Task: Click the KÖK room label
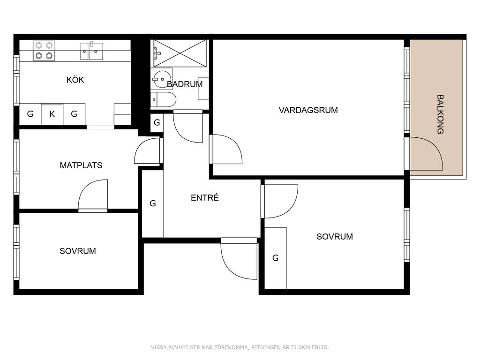click(x=75, y=80)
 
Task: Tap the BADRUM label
click(x=185, y=84)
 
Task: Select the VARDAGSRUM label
click(x=308, y=110)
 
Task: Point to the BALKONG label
click(x=440, y=114)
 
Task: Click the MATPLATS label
click(x=81, y=165)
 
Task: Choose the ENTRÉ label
click(x=204, y=198)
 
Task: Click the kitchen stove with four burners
click(x=44, y=51)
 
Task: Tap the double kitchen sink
click(x=91, y=51)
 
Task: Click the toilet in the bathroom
click(x=164, y=99)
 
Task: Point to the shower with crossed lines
click(x=180, y=53)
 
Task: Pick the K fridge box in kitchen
click(x=52, y=114)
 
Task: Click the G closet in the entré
click(x=153, y=203)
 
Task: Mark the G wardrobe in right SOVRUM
click(x=276, y=258)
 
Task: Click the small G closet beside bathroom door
click(x=157, y=123)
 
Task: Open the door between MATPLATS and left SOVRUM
click(x=93, y=196)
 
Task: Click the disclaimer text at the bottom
click(x=240, y=347)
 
